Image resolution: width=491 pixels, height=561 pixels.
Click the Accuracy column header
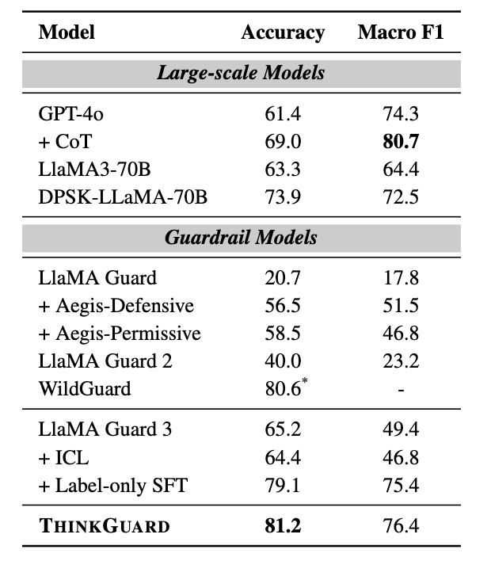[283, 32]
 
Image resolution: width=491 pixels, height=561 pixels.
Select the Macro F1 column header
[401, 32]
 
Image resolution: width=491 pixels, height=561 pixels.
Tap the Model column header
[67, 32]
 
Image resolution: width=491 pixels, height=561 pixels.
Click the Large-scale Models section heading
[241, 74]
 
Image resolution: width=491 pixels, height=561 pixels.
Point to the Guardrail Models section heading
[241, 238]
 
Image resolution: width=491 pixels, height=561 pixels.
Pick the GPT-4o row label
[71, 114]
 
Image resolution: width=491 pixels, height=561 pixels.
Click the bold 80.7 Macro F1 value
[401, 142]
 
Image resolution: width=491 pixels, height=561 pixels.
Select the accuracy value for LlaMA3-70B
[283, 170]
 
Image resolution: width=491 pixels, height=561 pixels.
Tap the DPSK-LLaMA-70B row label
[123, 197]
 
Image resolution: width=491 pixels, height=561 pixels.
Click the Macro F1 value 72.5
[401, 197]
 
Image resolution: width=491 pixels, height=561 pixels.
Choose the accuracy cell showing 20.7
[283, 278]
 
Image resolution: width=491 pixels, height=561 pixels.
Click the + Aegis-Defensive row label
[116, 306]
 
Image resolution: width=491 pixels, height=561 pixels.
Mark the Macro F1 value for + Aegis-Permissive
[401, 334]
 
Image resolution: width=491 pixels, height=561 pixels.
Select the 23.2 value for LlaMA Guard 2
[401, 361]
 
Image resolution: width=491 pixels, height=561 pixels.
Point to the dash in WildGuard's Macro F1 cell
[401, 390]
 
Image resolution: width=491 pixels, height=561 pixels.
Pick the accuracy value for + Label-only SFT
[283, 485]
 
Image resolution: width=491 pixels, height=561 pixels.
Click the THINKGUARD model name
[104, 526]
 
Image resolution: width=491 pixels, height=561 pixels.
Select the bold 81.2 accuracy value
[283, 526]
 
